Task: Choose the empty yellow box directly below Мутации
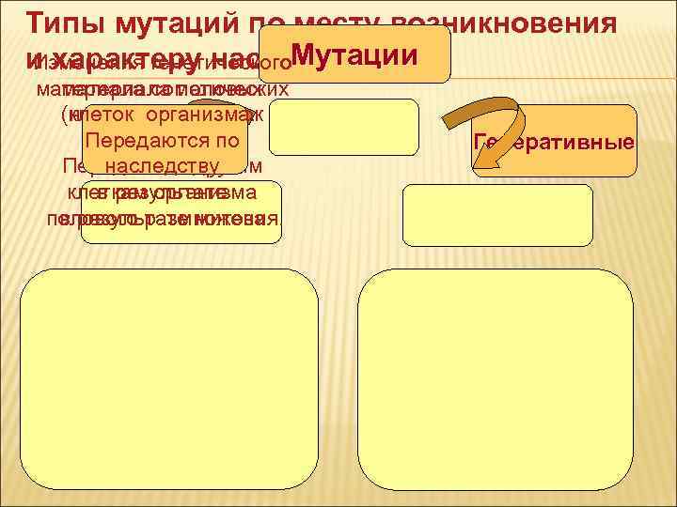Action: tap(343, 126)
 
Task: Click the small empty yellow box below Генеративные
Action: tap(497, 215)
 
